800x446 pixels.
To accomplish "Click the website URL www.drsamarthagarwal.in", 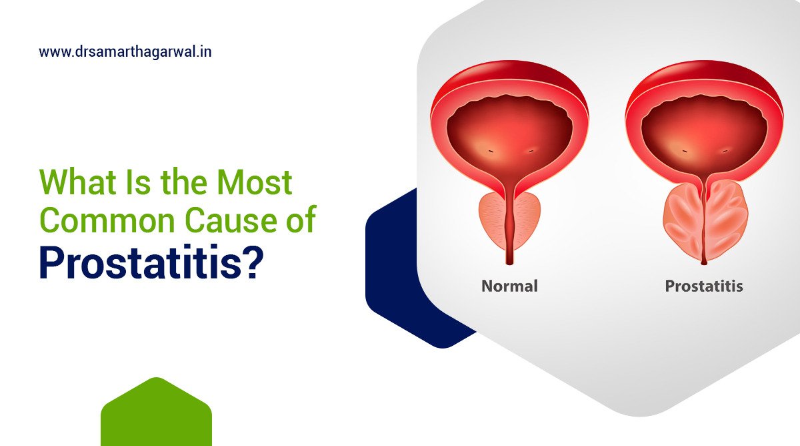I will point(125,51).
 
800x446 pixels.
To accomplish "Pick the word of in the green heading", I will point(298,220).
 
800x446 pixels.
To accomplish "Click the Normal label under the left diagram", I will point(509,286).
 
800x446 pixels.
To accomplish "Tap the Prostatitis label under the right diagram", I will point(704,286).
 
